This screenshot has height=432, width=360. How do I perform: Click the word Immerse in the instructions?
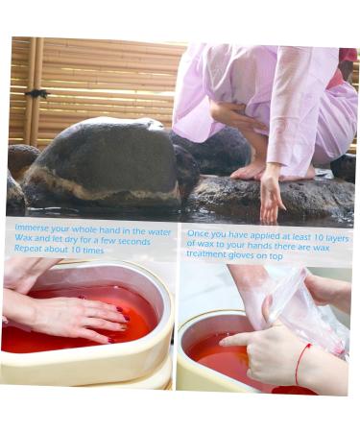(33, 231)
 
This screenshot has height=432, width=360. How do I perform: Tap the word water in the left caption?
(159, 231)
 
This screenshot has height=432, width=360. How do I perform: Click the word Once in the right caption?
(200, 233)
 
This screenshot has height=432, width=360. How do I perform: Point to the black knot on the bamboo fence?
(36, 93)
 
